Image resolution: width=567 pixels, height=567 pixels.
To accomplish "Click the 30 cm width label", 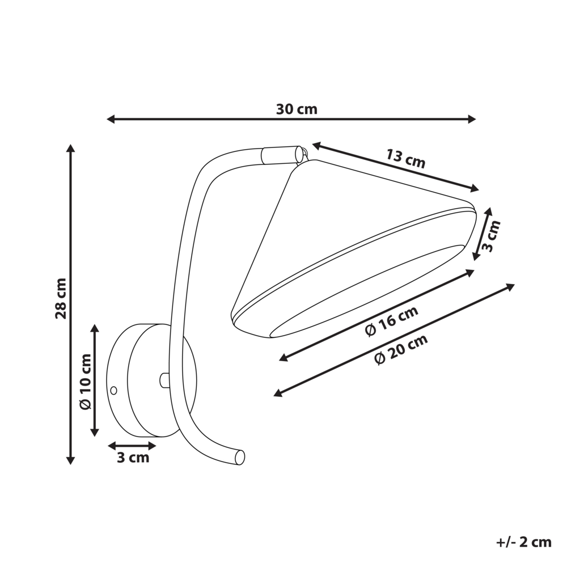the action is (297, 109).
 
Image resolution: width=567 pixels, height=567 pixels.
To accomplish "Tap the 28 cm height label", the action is (61, 299).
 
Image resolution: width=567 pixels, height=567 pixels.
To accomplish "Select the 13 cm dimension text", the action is (406, 158).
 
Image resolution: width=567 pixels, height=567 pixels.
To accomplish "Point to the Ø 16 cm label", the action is (392, 321).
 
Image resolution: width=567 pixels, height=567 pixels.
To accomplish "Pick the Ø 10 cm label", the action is (86, 382).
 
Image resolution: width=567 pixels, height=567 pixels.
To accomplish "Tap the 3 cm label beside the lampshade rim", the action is (492, 236).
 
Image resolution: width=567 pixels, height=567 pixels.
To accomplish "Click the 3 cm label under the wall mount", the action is (133, 458).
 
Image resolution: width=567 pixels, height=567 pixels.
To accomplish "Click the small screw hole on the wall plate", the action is (113, 390).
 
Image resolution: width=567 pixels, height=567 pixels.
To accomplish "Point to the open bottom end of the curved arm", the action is (240, 457).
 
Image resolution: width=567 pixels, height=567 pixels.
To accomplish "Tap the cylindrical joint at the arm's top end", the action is (281, 155).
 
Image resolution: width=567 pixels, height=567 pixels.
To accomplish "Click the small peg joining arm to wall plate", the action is (164, 380).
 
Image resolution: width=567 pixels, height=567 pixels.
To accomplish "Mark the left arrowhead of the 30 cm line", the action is (111, 119).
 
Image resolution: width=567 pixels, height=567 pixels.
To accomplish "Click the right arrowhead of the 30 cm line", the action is (472, 119).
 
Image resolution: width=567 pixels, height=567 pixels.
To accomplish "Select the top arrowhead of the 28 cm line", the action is (71, 148).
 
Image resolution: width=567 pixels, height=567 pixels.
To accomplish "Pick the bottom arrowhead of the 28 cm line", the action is (71, 460).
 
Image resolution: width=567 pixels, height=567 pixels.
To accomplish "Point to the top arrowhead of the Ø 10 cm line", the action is (95, 328).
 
